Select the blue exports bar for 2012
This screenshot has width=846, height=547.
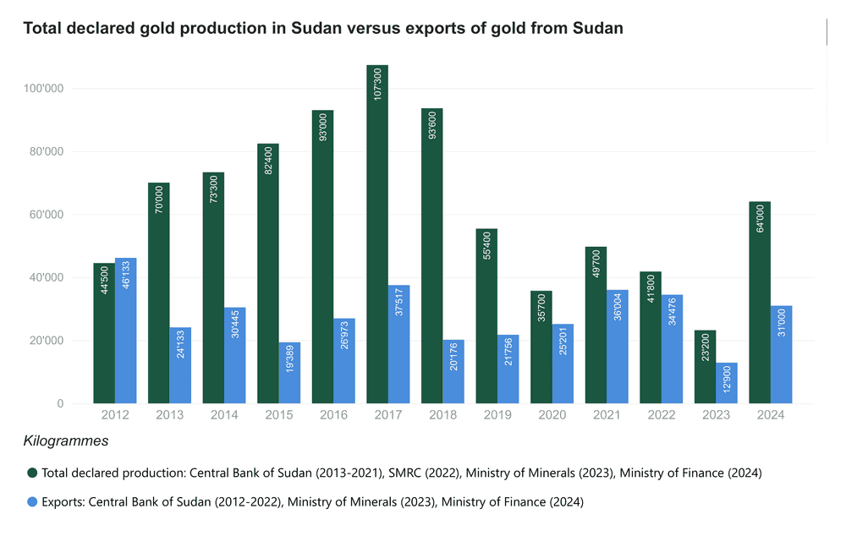coord(126,331)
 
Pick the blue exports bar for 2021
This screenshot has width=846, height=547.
coord(618,347)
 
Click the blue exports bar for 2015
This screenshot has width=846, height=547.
coord(289,373)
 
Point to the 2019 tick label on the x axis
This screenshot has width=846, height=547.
coord(497,415)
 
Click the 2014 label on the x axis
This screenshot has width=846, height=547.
coord(224,415)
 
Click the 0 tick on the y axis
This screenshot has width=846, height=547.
coord(60,404)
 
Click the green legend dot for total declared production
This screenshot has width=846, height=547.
coord(32,473)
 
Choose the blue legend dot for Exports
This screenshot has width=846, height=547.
coord(32,502)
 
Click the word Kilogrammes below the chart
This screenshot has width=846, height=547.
coord(66,441)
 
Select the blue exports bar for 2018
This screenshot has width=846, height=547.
coord(453,372)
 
